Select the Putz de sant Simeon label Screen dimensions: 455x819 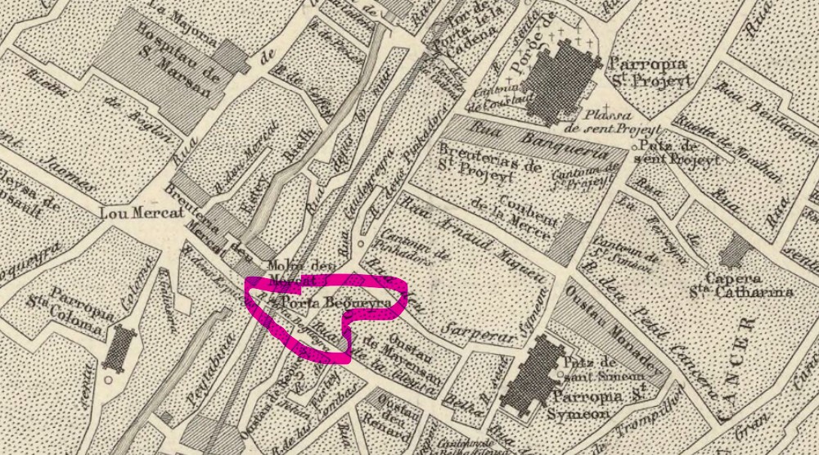click(596, 367)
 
